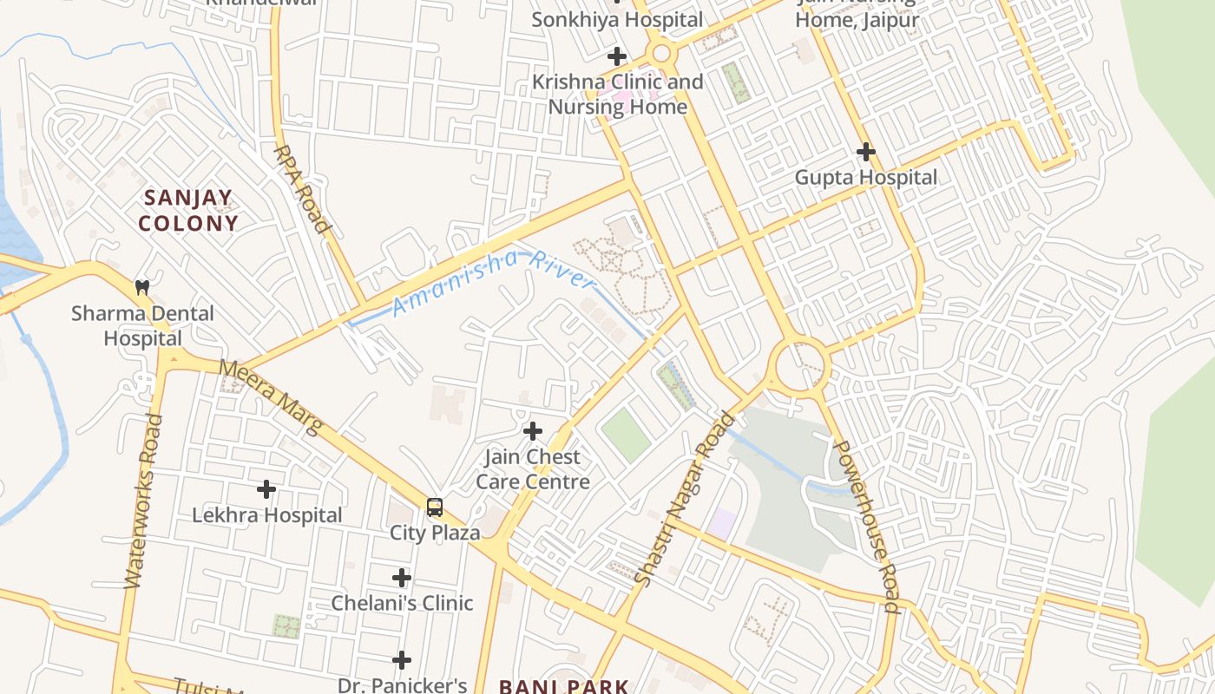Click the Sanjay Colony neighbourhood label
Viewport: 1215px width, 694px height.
[x=187, y=211]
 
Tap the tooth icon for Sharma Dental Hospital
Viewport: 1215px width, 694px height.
[x=142, y=286]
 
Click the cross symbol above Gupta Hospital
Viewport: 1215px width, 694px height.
[x=865, y=152]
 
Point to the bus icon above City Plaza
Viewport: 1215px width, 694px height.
[x=435, y=507]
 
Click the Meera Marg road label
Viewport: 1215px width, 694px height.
[x=270, y=396]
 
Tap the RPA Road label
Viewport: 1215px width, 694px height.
[x=302, y=189]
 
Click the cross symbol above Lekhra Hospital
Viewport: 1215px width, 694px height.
[x=266, y=489]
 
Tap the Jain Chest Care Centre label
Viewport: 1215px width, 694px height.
[x=533, y=469]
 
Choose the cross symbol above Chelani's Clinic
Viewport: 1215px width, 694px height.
[x=401, y=578]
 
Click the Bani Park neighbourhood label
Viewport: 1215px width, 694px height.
[x=564, y=686]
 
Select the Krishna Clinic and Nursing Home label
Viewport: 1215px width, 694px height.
[x=617, y=95]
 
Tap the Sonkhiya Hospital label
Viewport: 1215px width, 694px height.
[x=617, y=19]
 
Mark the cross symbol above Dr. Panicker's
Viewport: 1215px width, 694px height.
[x=401, y=661]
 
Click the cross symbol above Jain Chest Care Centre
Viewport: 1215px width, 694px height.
[x=533, y=430]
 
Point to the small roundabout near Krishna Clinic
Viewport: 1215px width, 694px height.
[x=662, y=54]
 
